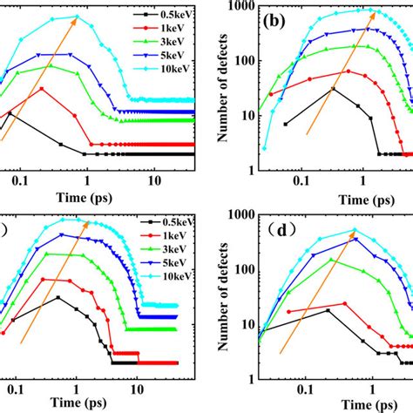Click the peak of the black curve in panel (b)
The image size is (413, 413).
click(x=333, y=88)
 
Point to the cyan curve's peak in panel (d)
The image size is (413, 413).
click(x=354, y=230)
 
